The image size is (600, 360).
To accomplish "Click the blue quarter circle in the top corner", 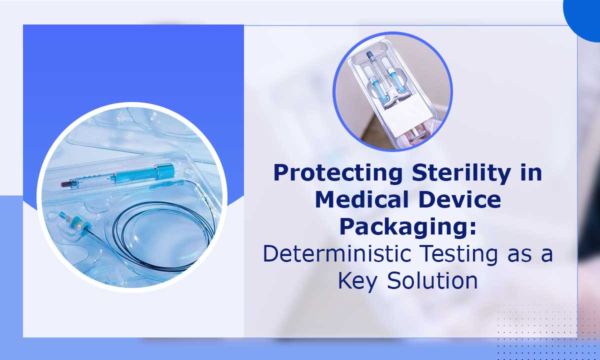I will (585, 12).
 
